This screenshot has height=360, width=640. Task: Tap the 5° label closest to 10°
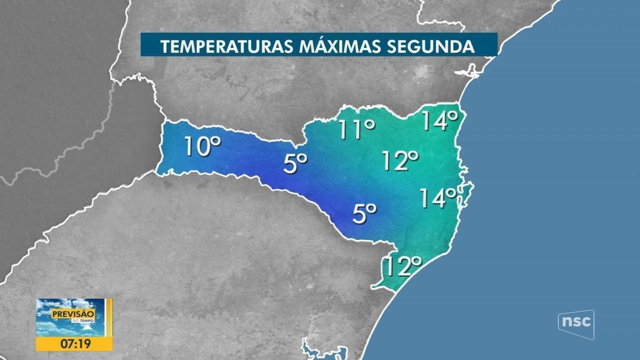(295, 163)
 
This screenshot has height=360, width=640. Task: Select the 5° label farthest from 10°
(365, 214)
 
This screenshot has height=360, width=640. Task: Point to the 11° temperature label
(357, 130)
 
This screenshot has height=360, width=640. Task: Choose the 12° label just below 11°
(401, 161)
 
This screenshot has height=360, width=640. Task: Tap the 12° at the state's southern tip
(404, 266)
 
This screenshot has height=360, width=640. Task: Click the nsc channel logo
(576, 324)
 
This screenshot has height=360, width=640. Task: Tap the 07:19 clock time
(74, 344)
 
